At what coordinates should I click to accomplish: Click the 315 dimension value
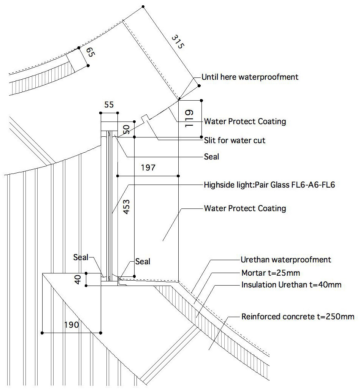(178, 42)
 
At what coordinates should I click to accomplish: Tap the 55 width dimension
(109, 105)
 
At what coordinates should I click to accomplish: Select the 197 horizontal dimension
(147, 167)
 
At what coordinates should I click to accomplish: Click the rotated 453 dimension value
(127, 207)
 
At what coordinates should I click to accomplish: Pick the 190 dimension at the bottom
(71, 325)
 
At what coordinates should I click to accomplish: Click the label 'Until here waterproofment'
(250, 77)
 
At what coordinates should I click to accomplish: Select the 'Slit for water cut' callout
(235, 141)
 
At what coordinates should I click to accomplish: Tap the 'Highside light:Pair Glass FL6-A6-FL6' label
(269, 185)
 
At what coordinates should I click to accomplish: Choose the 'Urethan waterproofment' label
(286, 260)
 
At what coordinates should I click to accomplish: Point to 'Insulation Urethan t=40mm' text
(291, 285)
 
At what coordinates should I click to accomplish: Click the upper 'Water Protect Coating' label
(245, 122)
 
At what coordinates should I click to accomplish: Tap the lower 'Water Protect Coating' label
(245, 208)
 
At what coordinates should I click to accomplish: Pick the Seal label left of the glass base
(81, 257)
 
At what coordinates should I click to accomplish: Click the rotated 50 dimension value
(127, 129)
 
